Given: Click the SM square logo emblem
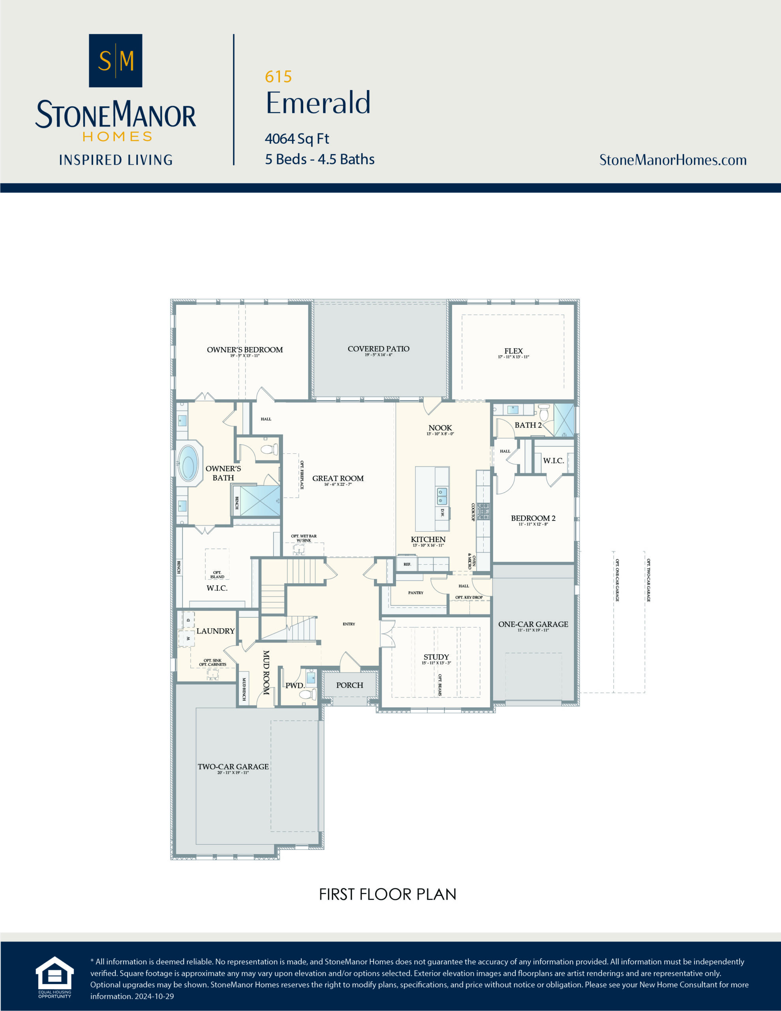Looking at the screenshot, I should click(115, 61).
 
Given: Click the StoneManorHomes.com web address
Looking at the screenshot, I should click(673, 160).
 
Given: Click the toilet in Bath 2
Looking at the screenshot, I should click(544, 412).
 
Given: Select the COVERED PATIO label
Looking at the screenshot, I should click(378, 349).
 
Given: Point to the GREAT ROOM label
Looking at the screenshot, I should click(338, 479).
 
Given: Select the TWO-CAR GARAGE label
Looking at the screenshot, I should click(233, 767).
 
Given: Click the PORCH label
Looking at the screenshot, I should click(349, 685).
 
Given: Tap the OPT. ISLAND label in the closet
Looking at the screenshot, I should click(217, 575).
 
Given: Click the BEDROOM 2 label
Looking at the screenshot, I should click(533, 519).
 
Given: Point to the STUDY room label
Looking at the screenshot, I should click(436, 657).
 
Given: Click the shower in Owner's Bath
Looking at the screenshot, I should click(260, 500).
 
